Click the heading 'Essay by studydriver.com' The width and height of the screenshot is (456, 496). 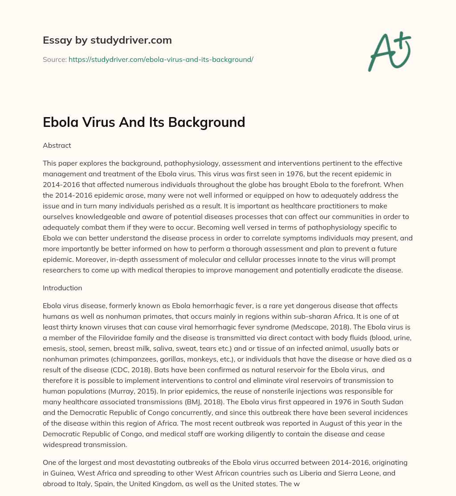[107, 41]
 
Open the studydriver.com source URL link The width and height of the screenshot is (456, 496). [161, 59]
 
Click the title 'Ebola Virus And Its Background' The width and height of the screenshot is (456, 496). [144, 122]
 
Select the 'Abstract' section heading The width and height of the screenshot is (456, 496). [57, 145]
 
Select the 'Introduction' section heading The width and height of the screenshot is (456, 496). [62, 288]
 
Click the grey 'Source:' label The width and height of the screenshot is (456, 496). [54, 59]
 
